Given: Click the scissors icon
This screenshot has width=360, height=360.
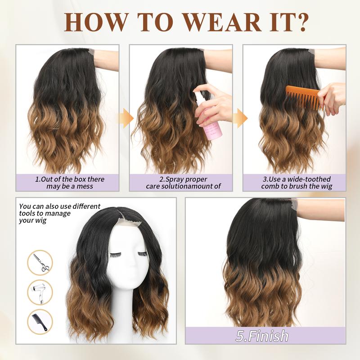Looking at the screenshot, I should tap(40, 262).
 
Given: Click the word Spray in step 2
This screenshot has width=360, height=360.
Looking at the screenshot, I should tap(175, 179).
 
